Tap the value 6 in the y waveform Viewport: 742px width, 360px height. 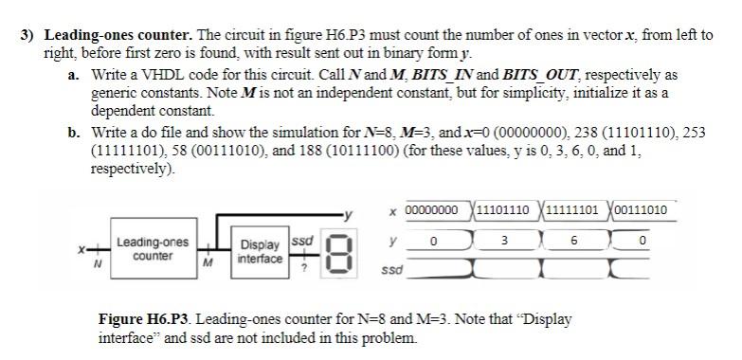tap(574, 242)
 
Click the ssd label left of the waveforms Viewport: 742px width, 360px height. tap(389, 270)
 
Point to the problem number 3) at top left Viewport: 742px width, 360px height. tap(29, 35)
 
